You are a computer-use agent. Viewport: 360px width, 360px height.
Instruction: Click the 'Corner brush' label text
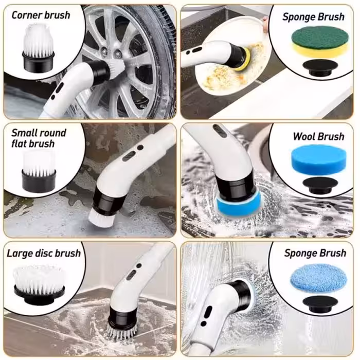coord(41,15)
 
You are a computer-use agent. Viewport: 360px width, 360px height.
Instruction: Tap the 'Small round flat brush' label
coord(39,138)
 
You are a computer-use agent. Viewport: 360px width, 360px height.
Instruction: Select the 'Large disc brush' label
coord(44,253)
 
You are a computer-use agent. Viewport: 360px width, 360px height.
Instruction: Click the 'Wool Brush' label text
coord(318,136)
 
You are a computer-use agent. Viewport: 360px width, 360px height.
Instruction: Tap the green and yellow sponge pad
coord(320,43)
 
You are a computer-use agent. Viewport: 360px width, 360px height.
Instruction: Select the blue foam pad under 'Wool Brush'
coord(320,159)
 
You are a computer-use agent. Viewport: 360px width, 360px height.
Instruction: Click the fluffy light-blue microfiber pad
coord(320,278)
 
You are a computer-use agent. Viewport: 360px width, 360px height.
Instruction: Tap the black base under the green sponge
coord(320,67)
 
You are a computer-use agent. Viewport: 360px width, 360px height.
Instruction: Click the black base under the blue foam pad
coord(320,184)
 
